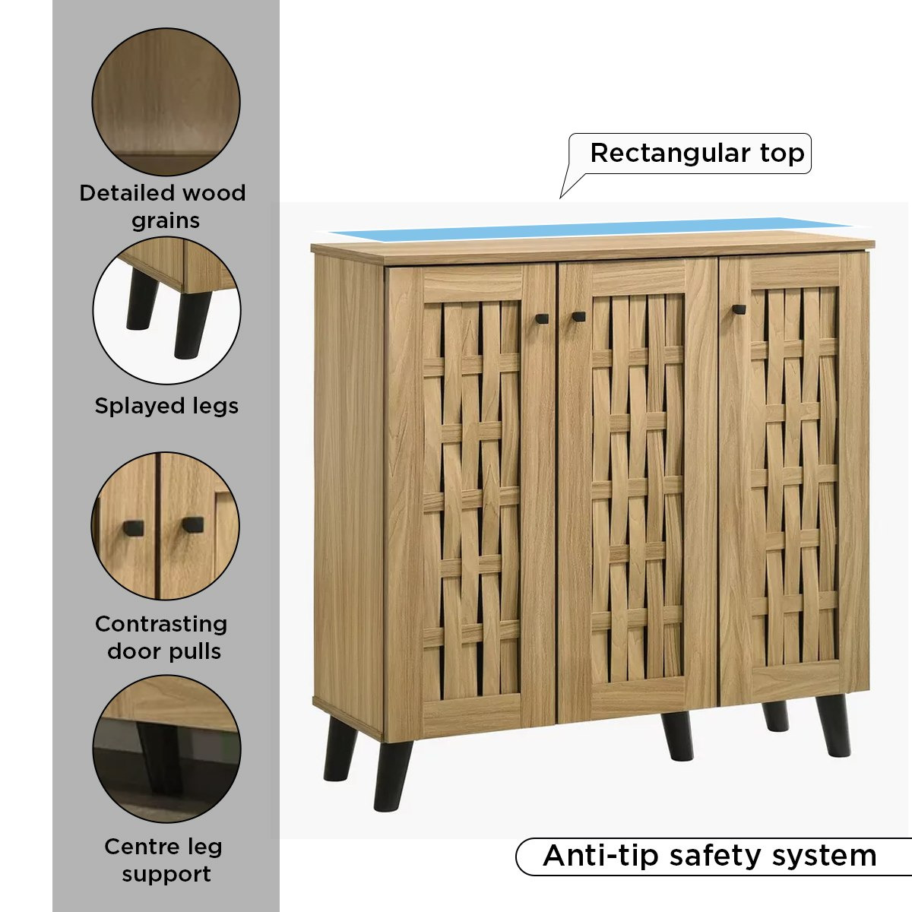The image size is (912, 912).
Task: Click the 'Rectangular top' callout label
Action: [697, 154]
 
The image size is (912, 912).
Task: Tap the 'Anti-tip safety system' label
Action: [709, 855]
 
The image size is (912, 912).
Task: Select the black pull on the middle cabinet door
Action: [578, 317]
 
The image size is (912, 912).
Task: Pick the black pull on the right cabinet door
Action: [739, 309]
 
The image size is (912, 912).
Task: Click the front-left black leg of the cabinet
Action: [392, 774]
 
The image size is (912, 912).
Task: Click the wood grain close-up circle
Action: [166, 101]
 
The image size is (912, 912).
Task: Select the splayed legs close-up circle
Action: [166, 311]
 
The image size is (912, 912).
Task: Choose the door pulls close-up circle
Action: [165, 526]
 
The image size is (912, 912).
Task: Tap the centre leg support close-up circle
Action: [166, 749]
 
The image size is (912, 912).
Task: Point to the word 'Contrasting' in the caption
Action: [161, 624]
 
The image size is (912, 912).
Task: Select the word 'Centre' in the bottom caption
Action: [138, 847]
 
